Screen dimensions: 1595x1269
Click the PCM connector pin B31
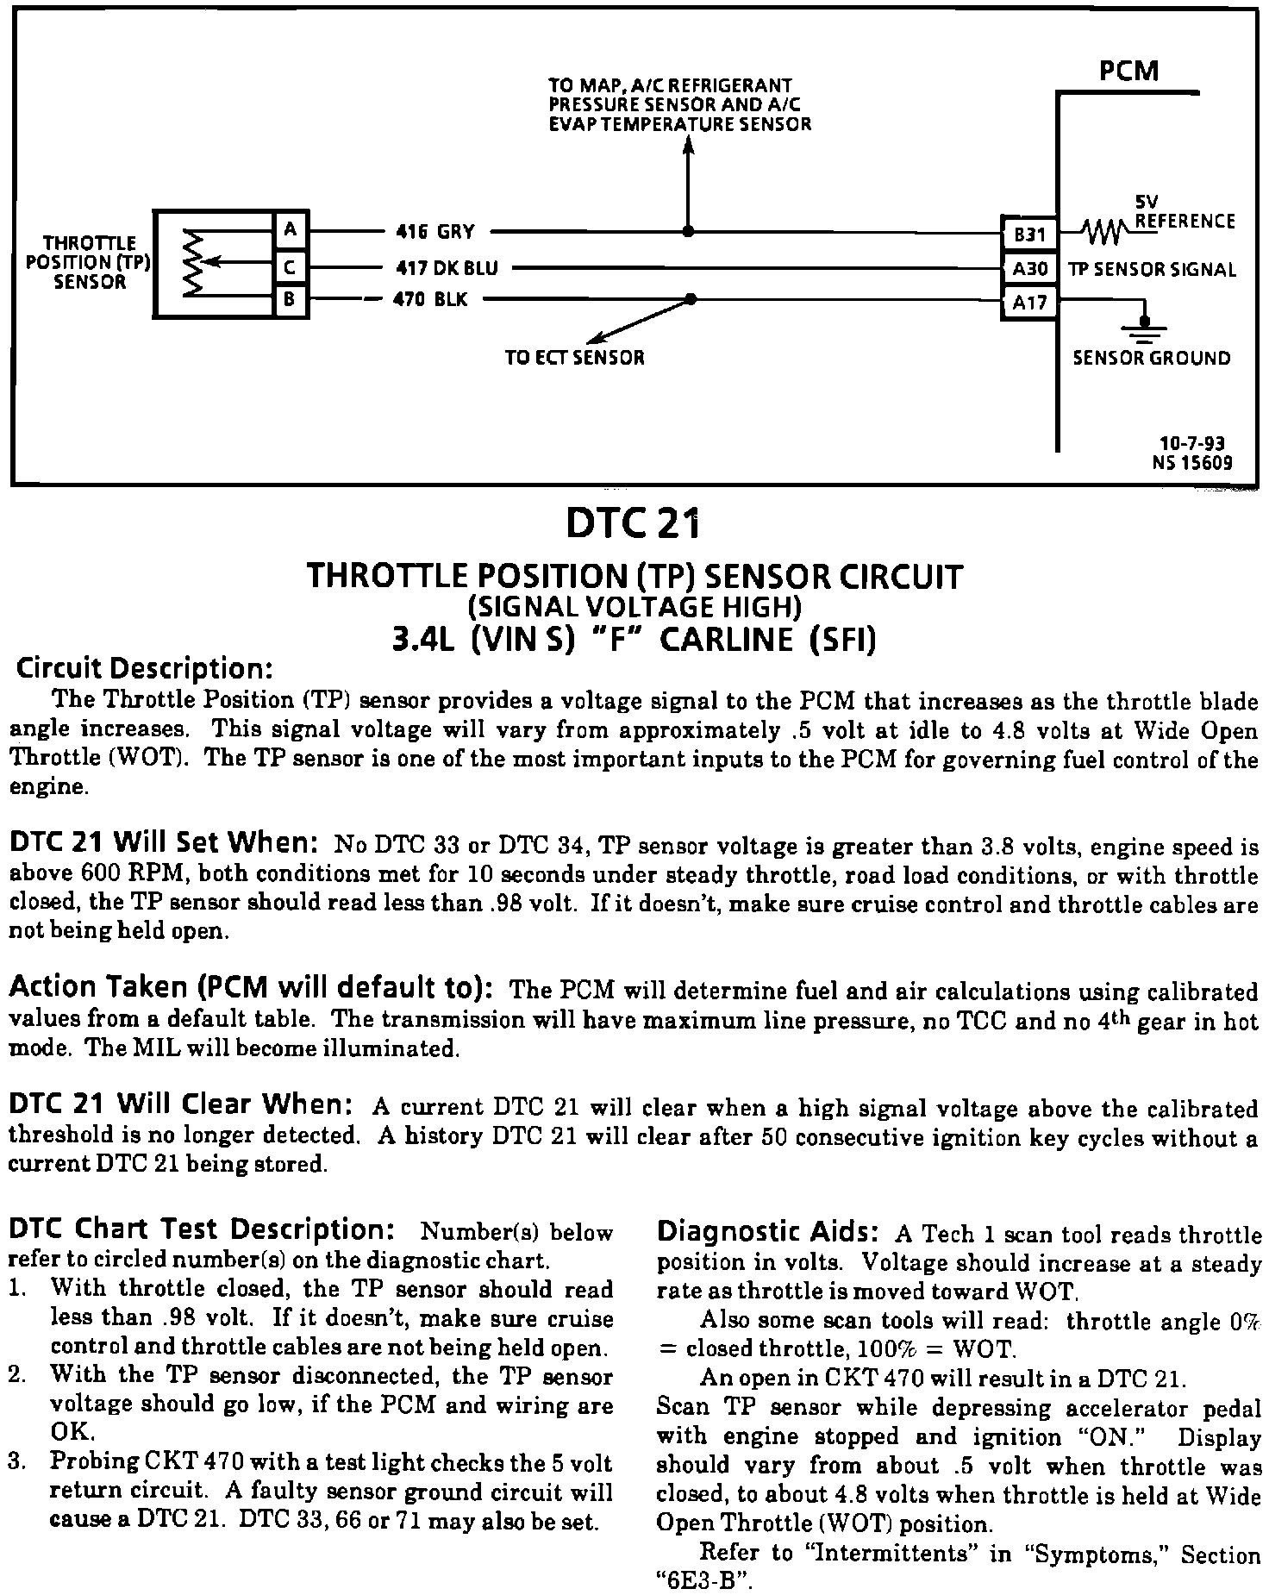click(x=1028, y=234)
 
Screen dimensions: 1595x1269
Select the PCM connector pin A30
click(x=1028, y=269)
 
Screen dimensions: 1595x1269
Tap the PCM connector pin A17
click(x=1028, y=303)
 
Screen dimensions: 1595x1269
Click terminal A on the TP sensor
click(x=291, y=229)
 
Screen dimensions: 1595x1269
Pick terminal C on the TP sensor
click(x=291, y=267)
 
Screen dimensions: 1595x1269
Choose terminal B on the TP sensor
click(x=291, y=301)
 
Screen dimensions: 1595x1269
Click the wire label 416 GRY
click(x=434, y=231)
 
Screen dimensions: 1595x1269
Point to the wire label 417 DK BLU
click(x=447, y=268)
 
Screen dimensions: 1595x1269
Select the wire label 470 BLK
click(x=430, y=301)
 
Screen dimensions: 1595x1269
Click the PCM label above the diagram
click(x=1128, y=71)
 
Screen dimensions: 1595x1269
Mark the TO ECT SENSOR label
click(x=574, y=357)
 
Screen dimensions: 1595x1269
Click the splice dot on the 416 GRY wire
click(x=688, y=231)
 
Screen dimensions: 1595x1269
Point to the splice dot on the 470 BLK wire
click(x=691, y=299)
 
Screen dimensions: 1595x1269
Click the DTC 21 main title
click(x=633, y=523)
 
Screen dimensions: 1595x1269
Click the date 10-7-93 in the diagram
click(x=1192, y=444)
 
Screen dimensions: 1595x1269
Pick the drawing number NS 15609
click(x=1192, y=463)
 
